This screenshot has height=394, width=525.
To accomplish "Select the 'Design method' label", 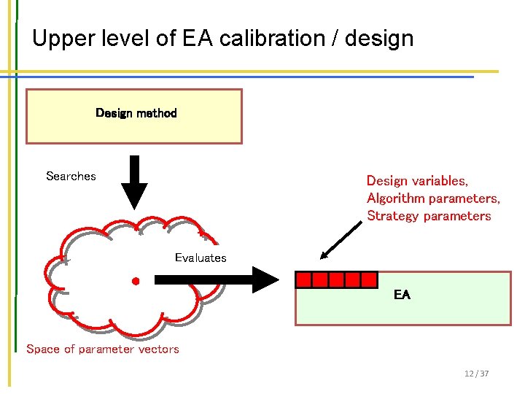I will [x=136, y=113].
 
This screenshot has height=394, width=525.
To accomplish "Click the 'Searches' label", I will [x=71, y=176].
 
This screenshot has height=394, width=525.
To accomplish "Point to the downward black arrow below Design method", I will [x=133, y=182].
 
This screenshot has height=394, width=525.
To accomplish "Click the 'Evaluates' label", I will [x=201, y=258].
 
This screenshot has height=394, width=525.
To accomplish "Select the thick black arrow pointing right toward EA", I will [x=216, y=279].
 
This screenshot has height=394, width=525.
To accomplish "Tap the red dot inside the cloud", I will [x=135, y=280].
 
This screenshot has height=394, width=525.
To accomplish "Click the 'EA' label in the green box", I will [x=402, y=295].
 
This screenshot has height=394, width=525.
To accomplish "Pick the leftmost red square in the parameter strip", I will [x=304, y=279].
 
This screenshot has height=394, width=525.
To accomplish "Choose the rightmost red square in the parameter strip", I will [x=369, y=279].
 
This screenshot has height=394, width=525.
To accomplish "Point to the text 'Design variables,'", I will [x=417, y=180].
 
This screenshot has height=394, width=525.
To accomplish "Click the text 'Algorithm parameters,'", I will [x=433, y=198].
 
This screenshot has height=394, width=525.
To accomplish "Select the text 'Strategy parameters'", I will [x=429, y=216].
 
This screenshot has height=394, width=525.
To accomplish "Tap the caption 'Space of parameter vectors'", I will [x=103, y=349].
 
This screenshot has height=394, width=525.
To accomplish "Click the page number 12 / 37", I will [x=476, y=374].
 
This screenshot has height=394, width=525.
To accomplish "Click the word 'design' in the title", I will [x=380, y=38].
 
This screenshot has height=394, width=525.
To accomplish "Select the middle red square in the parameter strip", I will [x=337, y=279].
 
